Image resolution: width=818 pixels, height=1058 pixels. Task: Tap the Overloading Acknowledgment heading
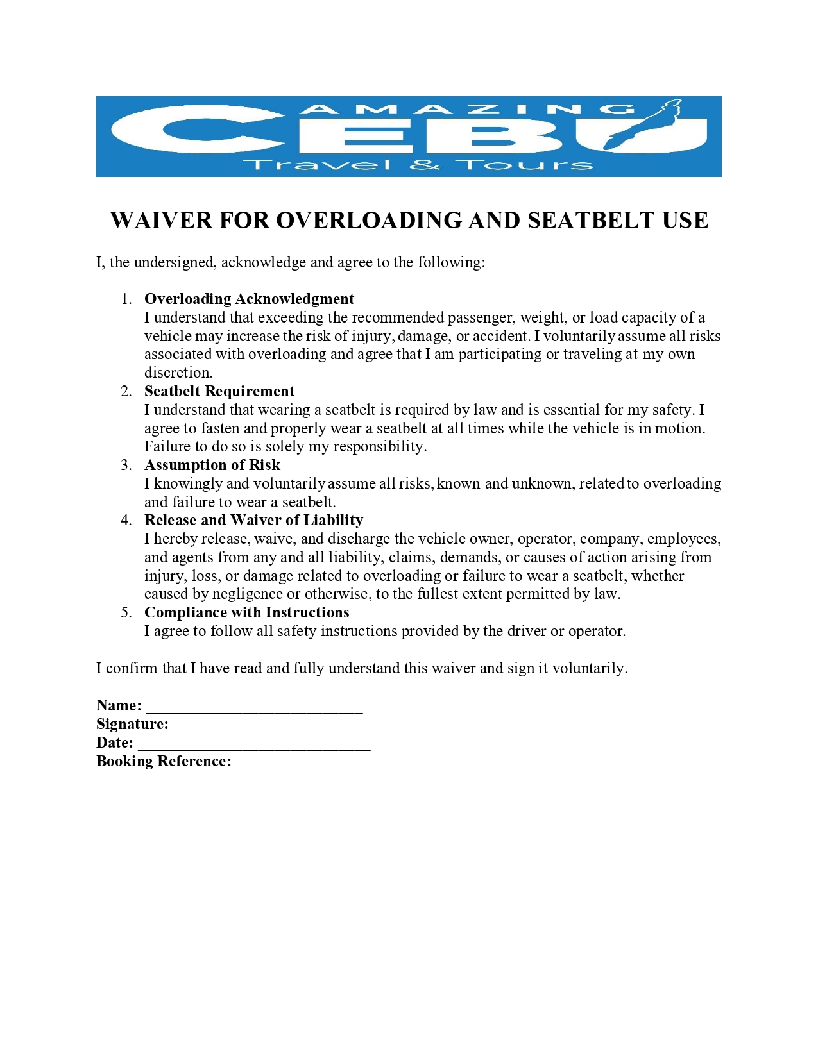pyautogui.click(x=249, y=299)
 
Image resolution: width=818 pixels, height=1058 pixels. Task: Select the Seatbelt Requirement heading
pyautogui.click(x=219, y=391)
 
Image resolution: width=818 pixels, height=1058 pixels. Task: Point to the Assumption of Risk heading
pyautogui.click(x=212, y=465)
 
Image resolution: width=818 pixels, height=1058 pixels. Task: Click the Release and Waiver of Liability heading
pyautogui.click(x=253, y=520)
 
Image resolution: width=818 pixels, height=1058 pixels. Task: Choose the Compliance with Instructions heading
pyautogui.click(x=246, y=612)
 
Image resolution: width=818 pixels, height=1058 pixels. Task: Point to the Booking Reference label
pyautogui.click(x=164, y=761)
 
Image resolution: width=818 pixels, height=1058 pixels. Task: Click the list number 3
pyautogui.click(x=126, y=465)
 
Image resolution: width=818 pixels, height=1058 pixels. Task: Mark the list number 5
pyautogui.click(x=126, y=612)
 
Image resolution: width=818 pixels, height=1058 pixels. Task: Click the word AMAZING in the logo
pyautogui.click(x=468, y=109)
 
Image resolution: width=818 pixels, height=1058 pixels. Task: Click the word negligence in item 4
pyautogui.click(x=248, y=594)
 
